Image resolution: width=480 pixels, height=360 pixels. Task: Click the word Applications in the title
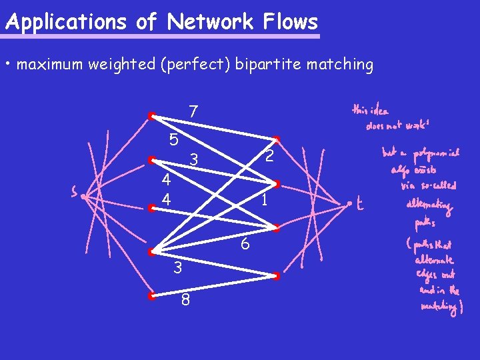click(x=65, y=22)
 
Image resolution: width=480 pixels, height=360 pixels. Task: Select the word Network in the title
click(x=210, y=22)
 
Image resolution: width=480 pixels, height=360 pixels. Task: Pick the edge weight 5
click(x=173, y=140)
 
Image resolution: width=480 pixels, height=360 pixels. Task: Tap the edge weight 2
click(x=269, y=156)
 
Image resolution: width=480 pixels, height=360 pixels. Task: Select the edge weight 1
click(x=265, y=199)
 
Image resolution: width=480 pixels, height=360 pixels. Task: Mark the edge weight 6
click(x=245, y=244)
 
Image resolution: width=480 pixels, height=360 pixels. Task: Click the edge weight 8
click(x=185, y=301)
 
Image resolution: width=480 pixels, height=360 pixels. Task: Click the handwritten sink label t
click(x=359, y=205)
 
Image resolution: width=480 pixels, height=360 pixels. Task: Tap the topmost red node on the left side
click(x=152, y=115)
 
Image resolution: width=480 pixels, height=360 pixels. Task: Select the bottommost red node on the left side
click(x=152, y=295)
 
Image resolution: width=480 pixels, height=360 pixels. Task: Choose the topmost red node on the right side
click(x=277, y=139)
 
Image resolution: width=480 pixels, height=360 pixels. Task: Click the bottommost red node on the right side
click(x=277, y=275)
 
